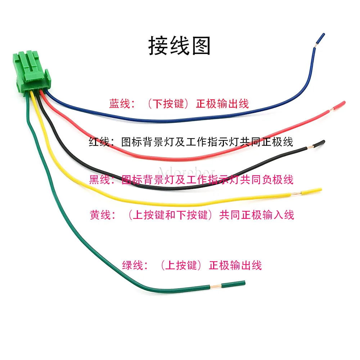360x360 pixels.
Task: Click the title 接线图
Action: coord(180,46)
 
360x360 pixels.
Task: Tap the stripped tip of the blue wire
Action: coord(316,45)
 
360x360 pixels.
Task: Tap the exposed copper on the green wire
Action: coord(215,287)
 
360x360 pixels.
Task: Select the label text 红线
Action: coord(99,142)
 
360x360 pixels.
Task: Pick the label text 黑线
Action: coord(99,179)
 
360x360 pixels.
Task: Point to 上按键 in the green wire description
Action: coord(184,266)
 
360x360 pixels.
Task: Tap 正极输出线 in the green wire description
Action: coord(235,266)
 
